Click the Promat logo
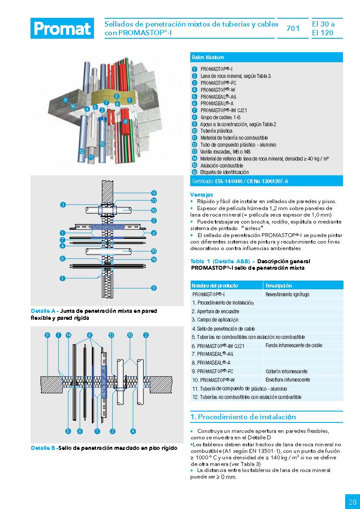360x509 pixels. tap(62, 29)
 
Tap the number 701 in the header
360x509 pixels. tap(293, 29)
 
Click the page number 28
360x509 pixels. tap(352, 502)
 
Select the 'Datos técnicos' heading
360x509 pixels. tap(208, 57)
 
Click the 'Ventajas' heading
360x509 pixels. tap(202, 194)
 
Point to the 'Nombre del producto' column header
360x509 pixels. tap(215, 286)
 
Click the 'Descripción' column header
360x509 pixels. tap(279, 286)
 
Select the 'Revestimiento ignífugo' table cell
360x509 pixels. tap(287, 295)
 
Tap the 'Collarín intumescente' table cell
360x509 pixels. tap(286, 372)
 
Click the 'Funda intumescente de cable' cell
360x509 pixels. tap(294, 345)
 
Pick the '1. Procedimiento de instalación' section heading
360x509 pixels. tap(243, 417)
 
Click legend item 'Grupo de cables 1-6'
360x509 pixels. tap(220, 117)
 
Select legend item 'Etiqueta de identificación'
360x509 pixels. tap(225, 172)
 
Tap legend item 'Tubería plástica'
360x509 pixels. tap(216, 131)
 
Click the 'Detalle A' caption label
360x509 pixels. tap(44, 311)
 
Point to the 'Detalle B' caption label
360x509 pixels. tap(44, 448)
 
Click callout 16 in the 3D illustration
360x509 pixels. tap(74, 106)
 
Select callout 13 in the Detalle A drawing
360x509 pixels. tap(154, 201)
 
